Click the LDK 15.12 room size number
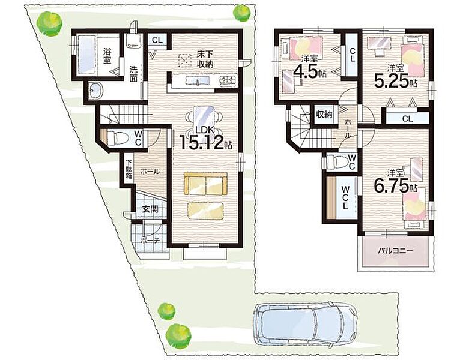pos(202,142)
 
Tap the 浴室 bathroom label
pos(107,56)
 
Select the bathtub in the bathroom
pos(87,55)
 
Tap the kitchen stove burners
pos(228,79)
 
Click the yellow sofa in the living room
pos(205,184)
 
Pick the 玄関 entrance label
pos(150,209)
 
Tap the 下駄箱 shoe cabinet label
pos(129,169)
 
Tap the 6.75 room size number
pos(391,185)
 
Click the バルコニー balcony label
pos(395,251)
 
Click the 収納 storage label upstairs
pos(324,115)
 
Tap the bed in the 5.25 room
pos(412,61)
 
